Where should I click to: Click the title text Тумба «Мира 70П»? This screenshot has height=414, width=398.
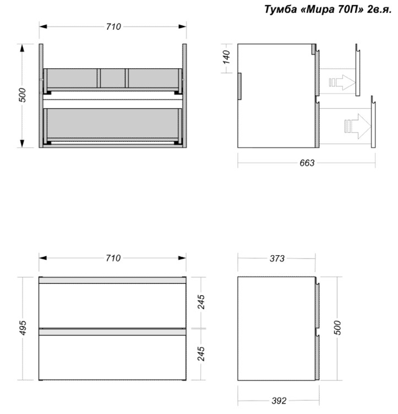point(314,9)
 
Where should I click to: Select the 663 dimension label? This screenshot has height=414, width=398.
point(307,163)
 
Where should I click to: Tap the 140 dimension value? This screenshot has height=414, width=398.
point(226,57)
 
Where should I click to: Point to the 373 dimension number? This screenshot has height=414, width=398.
point(277,258)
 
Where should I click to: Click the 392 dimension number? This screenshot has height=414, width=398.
point(279,401)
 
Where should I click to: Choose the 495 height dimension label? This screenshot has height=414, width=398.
point(23,328)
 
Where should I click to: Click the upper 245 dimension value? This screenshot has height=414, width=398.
point(201,302)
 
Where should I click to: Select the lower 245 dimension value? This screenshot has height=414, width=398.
point(201,354)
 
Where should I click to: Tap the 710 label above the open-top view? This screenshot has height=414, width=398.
point(113,27)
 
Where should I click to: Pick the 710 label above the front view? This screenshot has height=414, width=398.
point(113,258)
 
